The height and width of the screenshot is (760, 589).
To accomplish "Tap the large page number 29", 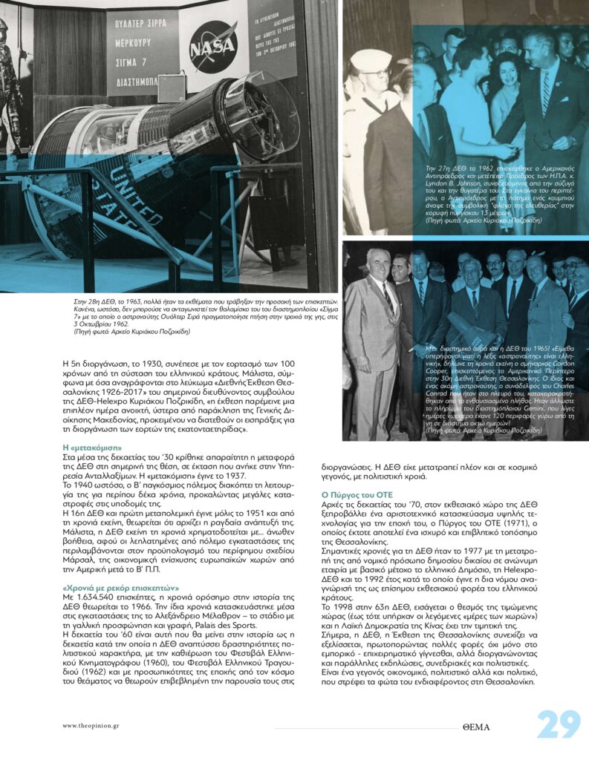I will (x=559, y=725).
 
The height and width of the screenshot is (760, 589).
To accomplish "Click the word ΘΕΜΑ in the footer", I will (x=475, y=727).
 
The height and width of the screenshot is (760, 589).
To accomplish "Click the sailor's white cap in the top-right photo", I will (x=371, y=59).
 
